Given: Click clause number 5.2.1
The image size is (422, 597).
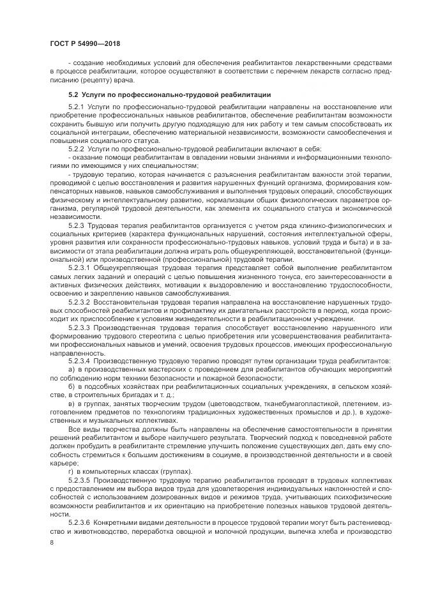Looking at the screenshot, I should pos(76,105).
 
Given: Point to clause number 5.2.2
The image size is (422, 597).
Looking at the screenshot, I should pos(76,149).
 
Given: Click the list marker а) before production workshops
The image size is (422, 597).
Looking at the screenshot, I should pos(72,370).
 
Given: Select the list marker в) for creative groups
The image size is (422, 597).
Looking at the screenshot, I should pos(72,404).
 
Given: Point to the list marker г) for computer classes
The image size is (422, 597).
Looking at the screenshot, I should pos(71,469).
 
